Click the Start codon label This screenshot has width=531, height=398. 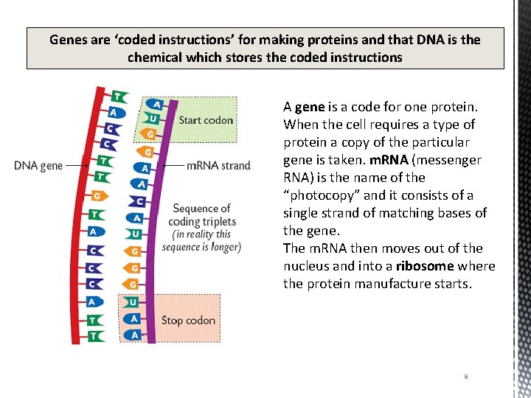coord(206,120)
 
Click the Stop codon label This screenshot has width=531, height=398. coord(188,321)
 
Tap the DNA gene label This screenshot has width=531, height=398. coord(38,166)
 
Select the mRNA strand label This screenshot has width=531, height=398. coord(218,166)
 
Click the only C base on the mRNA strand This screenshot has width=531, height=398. coord(138,200)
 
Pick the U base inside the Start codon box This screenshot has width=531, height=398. coord(152,118)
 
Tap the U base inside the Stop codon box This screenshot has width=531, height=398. coord(132,302)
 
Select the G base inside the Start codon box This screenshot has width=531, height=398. coord(150,134)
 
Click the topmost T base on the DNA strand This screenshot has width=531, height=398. coord(117,97)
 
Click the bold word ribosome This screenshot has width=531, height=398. coord(425,266)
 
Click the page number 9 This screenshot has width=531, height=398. coord(465,377)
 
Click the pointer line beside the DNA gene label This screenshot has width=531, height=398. coord(78,166)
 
